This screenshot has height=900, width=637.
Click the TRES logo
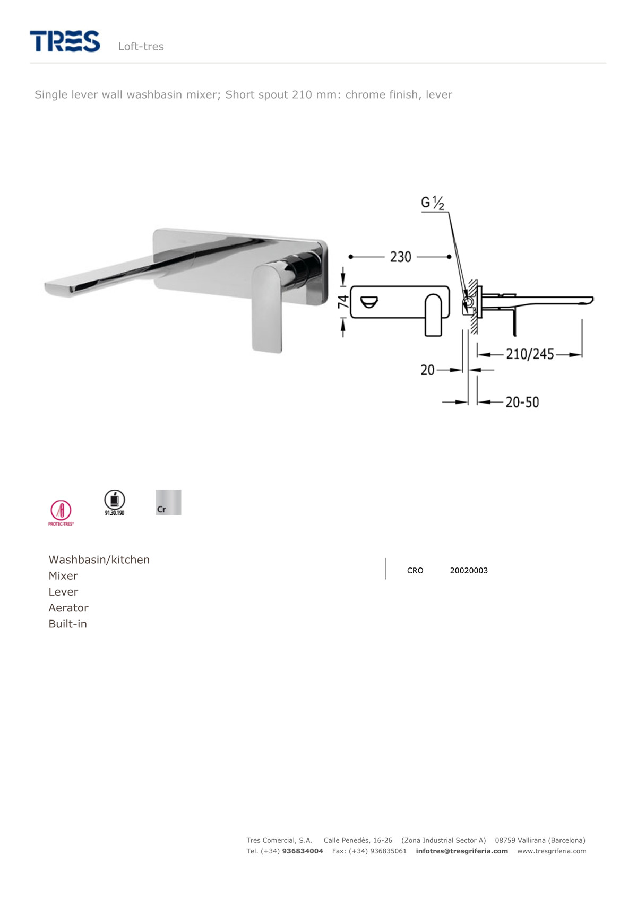65,41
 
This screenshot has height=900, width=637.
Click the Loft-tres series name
141,47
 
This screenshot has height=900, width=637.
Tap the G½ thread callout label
432,203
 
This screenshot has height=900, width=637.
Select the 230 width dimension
401,257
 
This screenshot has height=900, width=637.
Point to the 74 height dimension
343,302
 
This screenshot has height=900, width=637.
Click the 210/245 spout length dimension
530,354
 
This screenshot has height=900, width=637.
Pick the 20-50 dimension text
522,402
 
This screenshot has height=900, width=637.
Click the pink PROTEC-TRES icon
61,513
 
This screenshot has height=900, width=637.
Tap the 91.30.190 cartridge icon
115,502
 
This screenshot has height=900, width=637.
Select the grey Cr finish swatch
168,502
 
